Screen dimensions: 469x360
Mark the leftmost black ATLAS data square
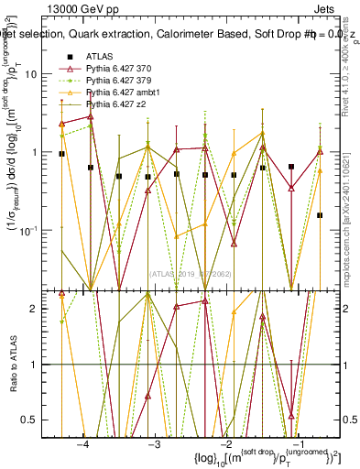point(61,154)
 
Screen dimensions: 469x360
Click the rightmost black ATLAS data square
point(320,215)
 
